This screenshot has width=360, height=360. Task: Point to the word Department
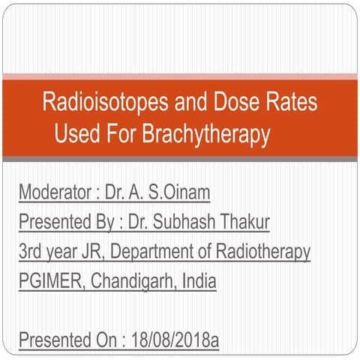(x=154, y=252)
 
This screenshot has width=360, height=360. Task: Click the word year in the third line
(x=65, y=253)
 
